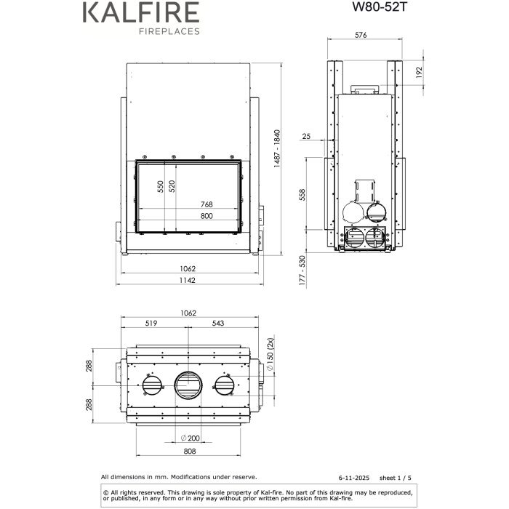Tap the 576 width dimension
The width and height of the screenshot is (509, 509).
[x=363, y=35]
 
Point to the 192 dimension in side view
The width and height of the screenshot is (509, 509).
[x=420, y=73]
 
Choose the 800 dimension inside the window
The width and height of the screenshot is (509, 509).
[x=207, y=216]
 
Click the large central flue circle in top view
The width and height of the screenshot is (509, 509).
[x=189, y=385]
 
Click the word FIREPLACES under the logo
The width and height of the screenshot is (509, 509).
[x=164, y=32]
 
